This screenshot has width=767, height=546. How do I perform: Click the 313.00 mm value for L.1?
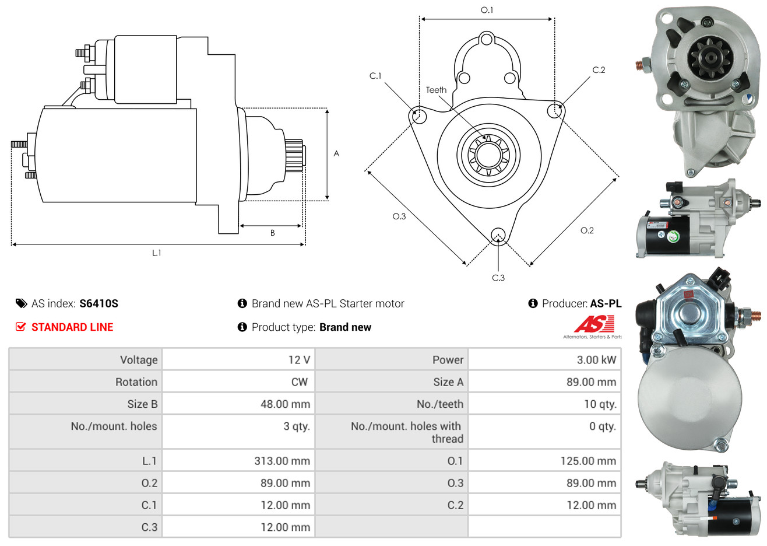(282, 461)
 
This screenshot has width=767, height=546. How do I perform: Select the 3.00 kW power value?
(596, 359)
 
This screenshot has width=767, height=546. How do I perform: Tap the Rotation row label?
(136, 382)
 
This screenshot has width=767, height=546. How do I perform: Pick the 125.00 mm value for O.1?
(588, 461)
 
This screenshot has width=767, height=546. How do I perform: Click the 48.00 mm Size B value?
(285, 404)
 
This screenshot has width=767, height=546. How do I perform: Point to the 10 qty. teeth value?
(600, 404)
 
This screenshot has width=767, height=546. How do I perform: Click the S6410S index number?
(98, 303)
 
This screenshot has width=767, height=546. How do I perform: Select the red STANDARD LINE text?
(72, 327)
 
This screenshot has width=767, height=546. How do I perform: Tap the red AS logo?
(594, 324)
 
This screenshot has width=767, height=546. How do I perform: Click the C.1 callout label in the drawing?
(375, 76)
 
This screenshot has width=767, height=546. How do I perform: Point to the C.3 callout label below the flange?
(498, 278)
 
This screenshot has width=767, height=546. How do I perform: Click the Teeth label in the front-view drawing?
(436, 90)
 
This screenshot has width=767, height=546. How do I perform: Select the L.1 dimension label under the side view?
(156, 253)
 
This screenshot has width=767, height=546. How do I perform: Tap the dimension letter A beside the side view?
(336, 153)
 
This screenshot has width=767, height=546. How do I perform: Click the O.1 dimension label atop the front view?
(487, 10)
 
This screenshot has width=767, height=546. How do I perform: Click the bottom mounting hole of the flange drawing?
(498, 236)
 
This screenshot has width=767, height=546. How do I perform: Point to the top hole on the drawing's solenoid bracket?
(486, 40)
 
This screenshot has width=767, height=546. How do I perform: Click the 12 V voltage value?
(299, 359)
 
